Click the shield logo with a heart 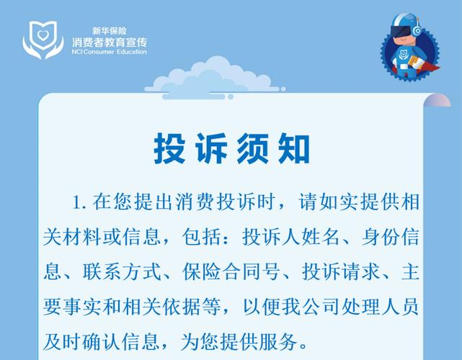coord(43,40)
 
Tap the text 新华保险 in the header coord(110,31)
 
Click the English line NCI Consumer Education coord(109,52)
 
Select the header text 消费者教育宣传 coord(110,42)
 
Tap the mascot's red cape coord(429,67)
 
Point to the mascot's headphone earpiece coord(417,31)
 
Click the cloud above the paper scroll coord(215,78)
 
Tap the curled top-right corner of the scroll coord(437,100)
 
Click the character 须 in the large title coord(252,148)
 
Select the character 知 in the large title coord(294,148)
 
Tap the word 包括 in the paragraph coord(202,237)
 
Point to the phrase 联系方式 coord(123,271)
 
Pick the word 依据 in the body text coord(182,307)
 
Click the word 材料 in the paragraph coord(82,237)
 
